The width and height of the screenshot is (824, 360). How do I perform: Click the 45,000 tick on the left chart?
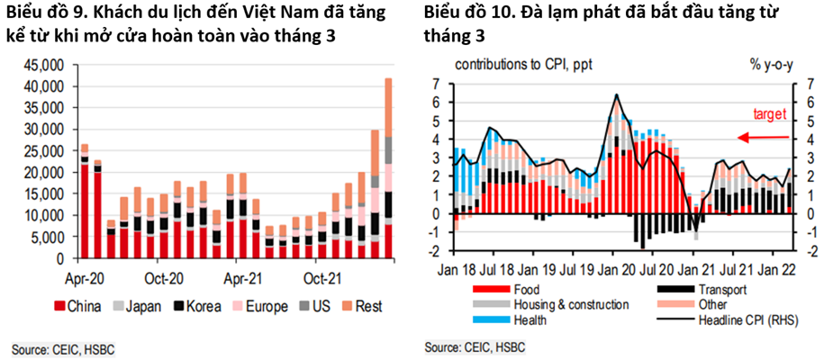point(35,65)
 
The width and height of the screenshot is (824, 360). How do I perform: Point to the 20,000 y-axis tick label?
point(35,172)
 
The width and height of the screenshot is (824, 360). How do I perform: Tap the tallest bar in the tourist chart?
point(388,167)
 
